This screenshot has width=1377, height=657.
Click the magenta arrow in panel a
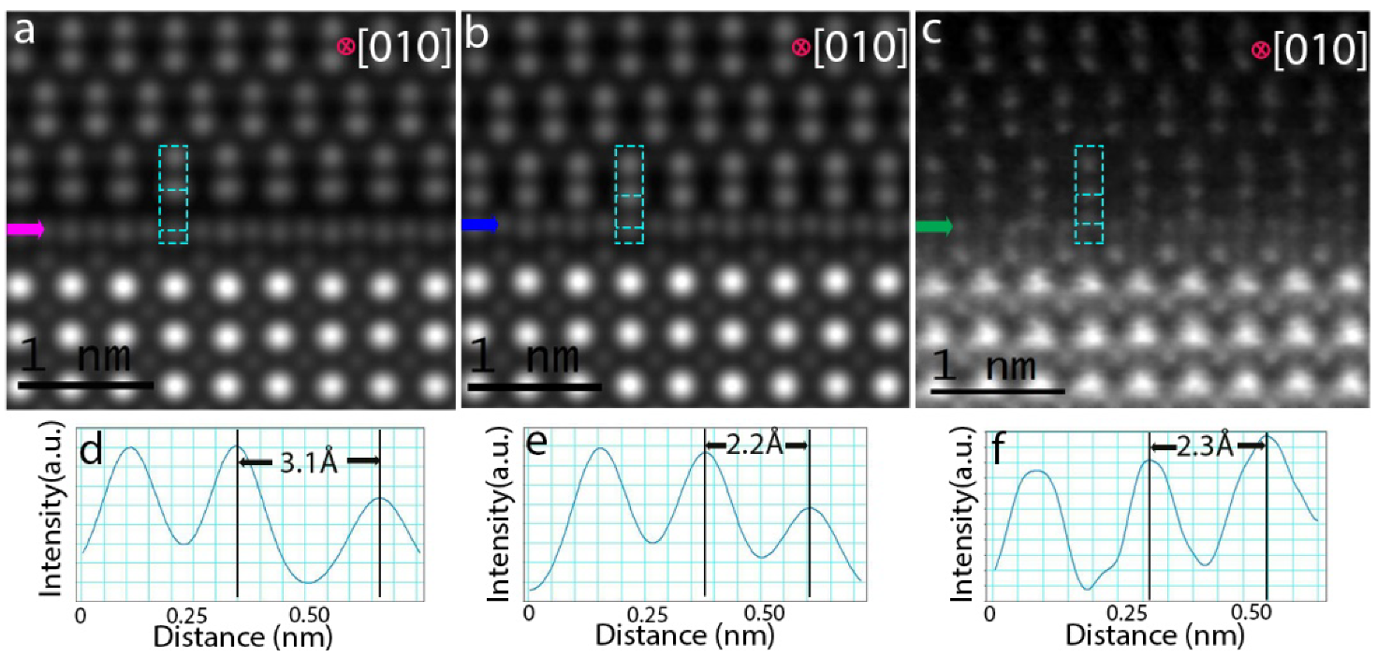(25, 229)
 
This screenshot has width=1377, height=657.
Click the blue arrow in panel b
(479, 225)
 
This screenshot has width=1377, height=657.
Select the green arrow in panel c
(933, 226)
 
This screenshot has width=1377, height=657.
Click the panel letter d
(91, 454)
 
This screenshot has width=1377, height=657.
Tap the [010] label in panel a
(404, 49)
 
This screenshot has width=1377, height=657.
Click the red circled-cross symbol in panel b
(800, 47)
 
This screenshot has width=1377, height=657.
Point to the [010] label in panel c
(1315, 49)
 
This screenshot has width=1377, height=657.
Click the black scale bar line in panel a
(85, 385)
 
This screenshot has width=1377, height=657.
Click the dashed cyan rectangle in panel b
(629, 195)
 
